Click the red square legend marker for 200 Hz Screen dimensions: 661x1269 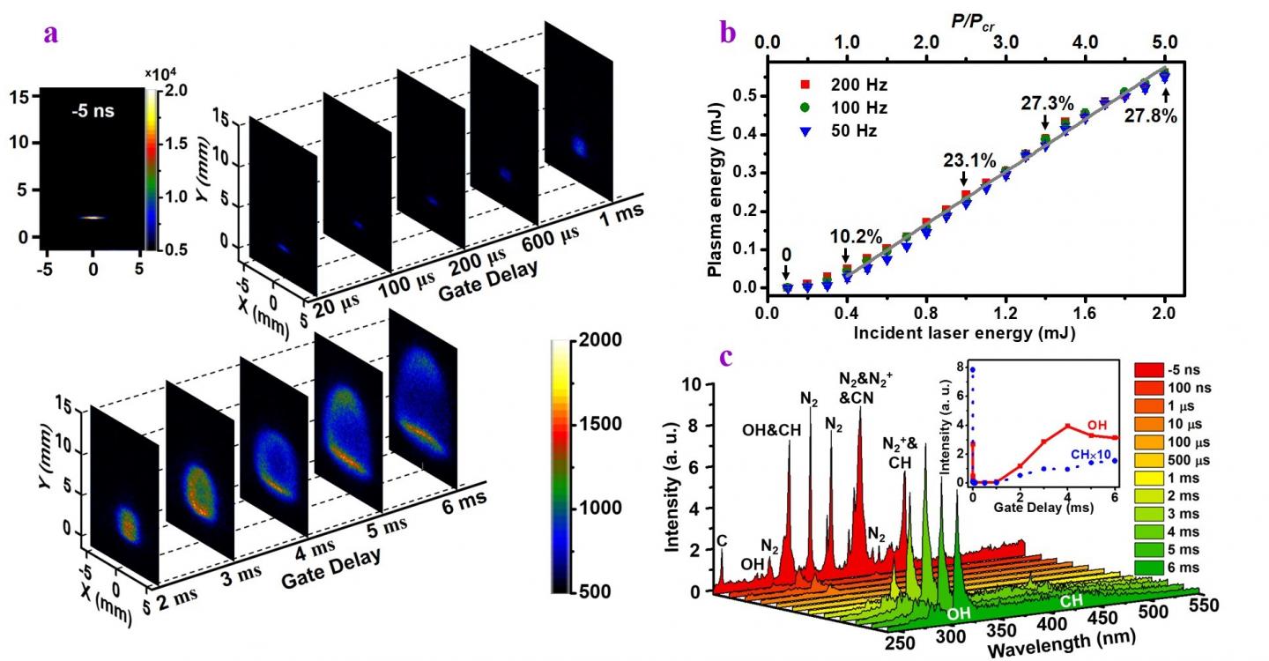pos(804,86)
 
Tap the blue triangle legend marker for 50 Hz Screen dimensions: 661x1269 pos(804,130)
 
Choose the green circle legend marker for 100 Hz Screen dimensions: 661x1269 pos(804,108)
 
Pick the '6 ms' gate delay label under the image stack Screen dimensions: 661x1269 pos(465,506)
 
